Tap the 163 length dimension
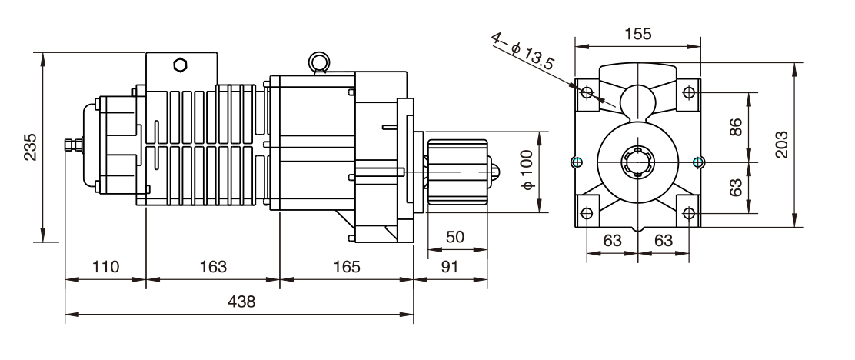pyautogui.click(x=212, y=267)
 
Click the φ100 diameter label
pyautogui.click(x=527, y=172)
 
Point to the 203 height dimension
pyautogui.click(x=781, y=144)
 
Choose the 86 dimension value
pyautogui.click(x=735, y=128)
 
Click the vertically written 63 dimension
pyautogui.click(x=735, y=187)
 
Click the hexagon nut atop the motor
pyautogui.click(x=180, y=65)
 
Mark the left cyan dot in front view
pyautogui.click(x=577, y=161)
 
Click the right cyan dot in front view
pyautogui.click(x=698, y=161)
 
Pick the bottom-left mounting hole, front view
pyautogui.click(x=587, y=212)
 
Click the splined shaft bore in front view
pyautogui.click(x=637, y=162)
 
